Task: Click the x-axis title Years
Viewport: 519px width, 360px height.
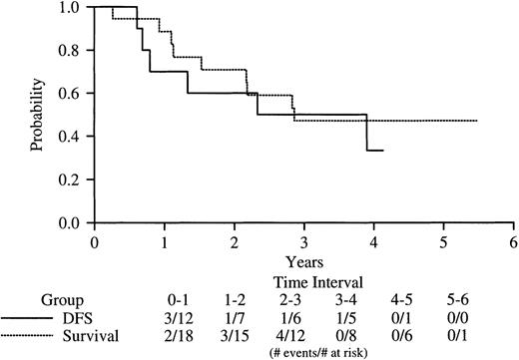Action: pos(302,260)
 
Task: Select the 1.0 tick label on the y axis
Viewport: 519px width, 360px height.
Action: pos(72,7)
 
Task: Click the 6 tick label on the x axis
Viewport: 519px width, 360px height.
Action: pos(512,241)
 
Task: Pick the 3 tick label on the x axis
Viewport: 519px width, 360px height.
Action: pos(303,241)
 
